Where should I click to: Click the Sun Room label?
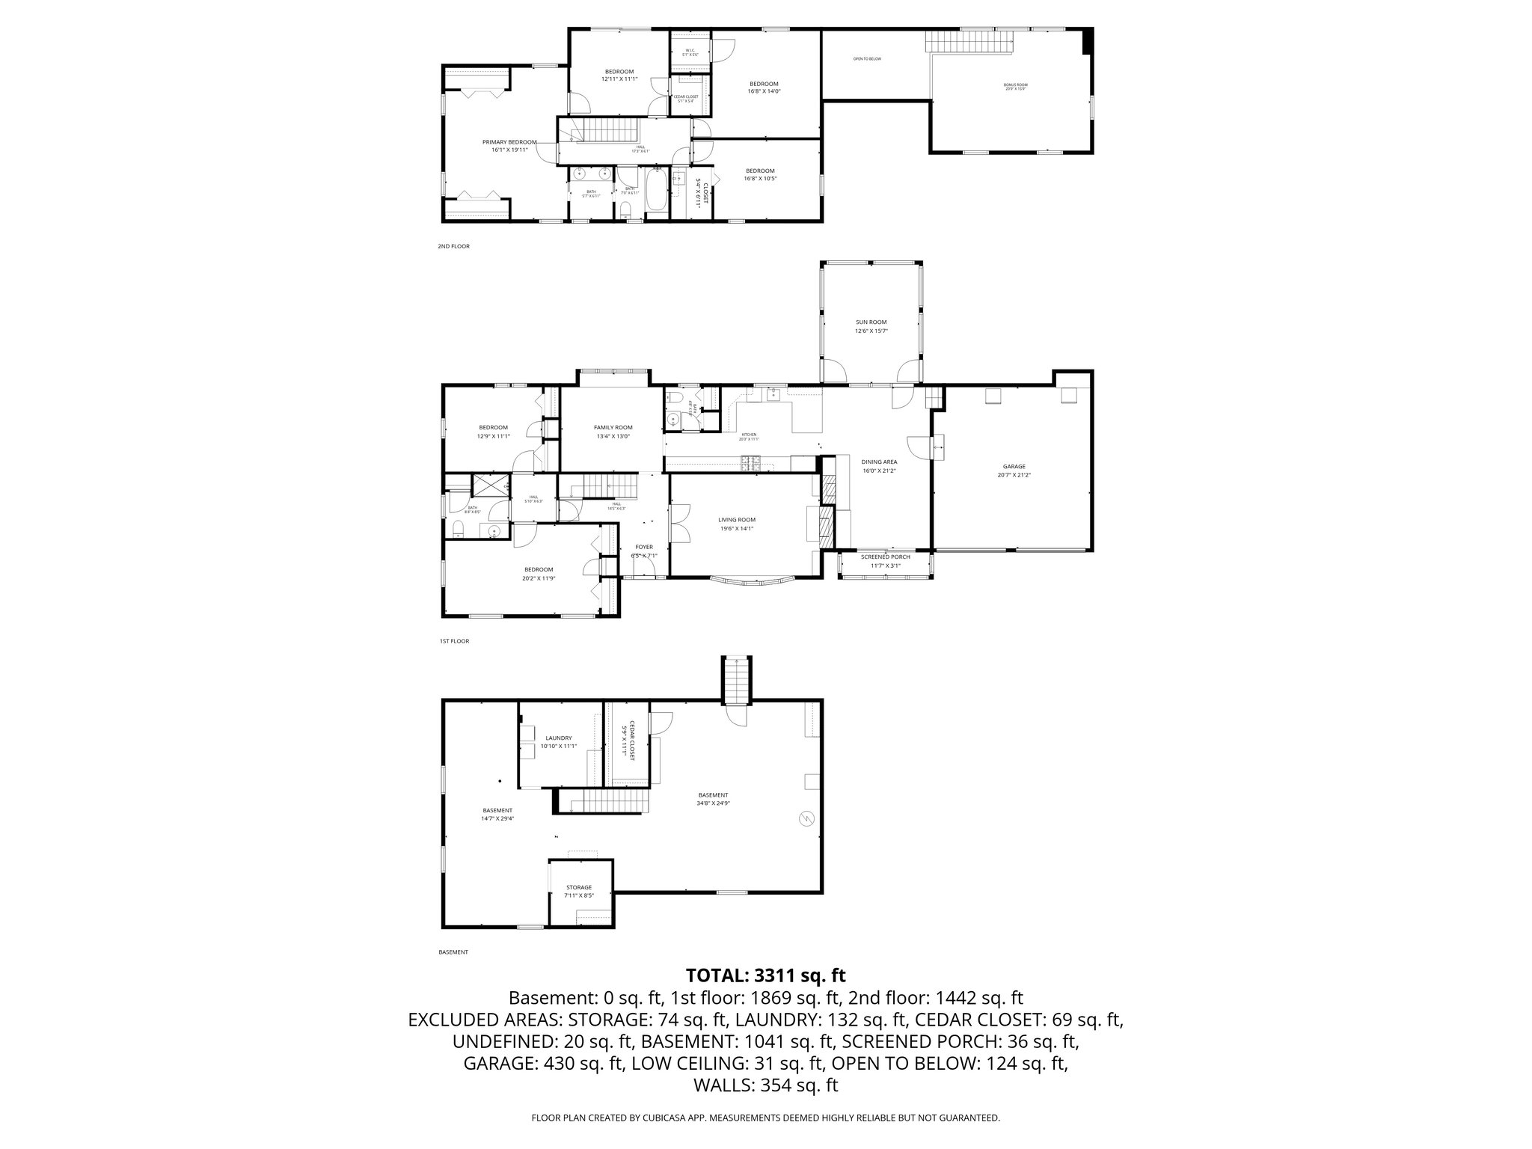871,322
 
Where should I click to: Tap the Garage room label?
1014,467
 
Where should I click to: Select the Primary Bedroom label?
509,142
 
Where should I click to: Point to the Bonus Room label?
1015,85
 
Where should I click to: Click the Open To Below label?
867,58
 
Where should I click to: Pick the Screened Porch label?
885,557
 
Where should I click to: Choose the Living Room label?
737,520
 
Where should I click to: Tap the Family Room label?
613,428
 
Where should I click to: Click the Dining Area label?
879,462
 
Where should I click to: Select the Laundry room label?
558,738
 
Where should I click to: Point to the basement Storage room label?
578,887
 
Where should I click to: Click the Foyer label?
644,547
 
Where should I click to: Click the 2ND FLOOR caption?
454,246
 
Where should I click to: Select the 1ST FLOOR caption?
454,641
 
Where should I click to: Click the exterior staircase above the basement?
736,679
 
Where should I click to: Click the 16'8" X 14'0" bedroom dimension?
764,91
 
